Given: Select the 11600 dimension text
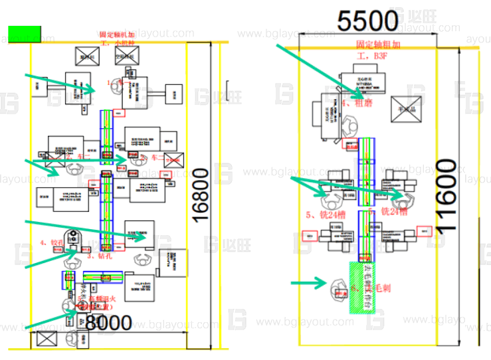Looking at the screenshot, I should coord(446,195).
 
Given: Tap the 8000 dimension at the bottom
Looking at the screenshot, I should coord(108,323).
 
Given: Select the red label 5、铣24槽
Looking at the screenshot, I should coord(326,215).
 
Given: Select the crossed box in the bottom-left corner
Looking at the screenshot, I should coord(47,338).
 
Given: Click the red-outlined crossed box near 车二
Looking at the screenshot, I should coord(174,159).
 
